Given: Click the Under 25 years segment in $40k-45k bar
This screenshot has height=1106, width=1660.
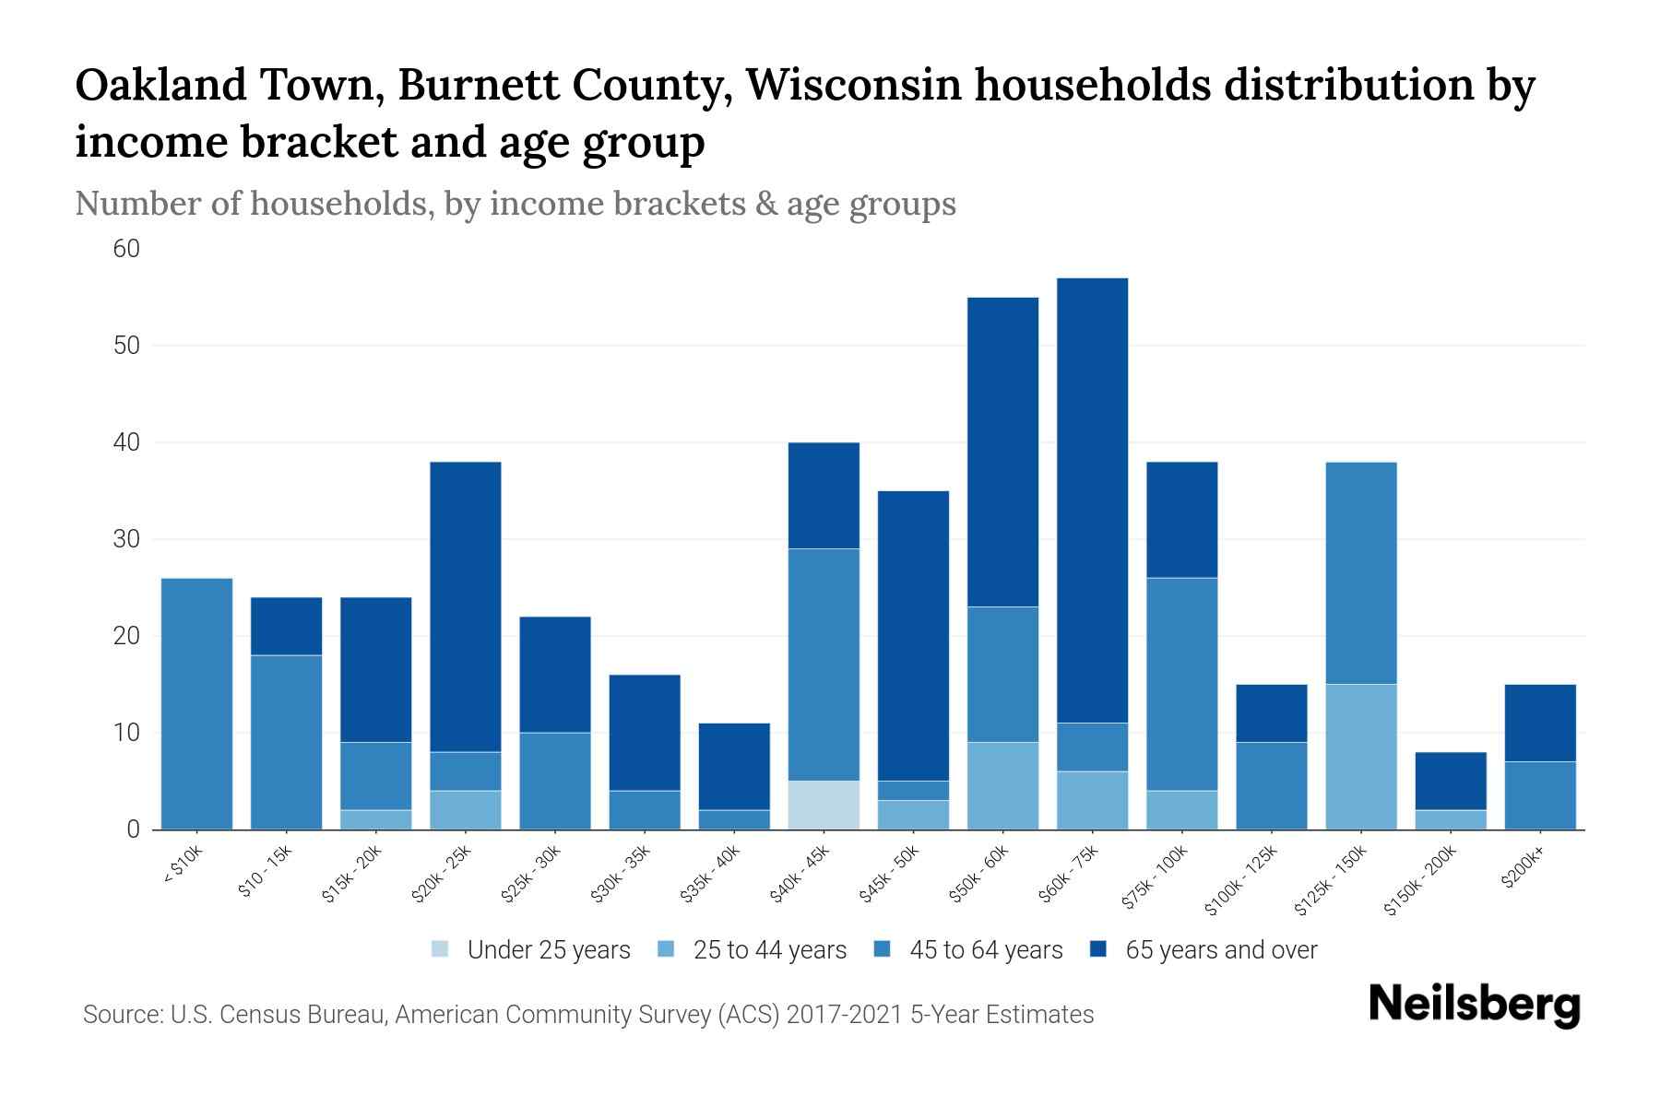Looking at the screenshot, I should (824, 805).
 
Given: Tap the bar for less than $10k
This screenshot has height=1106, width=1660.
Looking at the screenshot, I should (196, 703).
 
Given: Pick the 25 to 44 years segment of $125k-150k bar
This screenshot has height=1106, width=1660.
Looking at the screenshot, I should (1360, 757).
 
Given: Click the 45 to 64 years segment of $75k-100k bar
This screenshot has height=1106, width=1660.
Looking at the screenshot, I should (1181, 684).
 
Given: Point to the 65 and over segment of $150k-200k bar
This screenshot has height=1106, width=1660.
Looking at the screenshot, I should (1450, 781).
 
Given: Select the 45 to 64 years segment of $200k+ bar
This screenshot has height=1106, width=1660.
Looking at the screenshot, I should (1539, 795).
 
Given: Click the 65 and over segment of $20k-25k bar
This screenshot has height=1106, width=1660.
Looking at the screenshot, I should (466, 606).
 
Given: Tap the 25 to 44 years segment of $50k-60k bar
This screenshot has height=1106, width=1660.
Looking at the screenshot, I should (1002, 785).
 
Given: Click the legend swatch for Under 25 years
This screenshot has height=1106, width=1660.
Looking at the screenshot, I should (441, 949).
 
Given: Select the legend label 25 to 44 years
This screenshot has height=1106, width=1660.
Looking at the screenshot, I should (769, 950).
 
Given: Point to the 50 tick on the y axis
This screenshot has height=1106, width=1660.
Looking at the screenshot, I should (126, 346).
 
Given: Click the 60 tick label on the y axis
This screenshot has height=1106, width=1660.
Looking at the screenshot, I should (126, 249).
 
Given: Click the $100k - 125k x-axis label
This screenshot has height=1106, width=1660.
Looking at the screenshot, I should (1242, 881).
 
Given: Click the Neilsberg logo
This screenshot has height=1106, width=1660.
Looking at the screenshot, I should (1474, 1005).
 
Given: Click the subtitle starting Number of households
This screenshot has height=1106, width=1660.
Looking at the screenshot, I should (515, 204).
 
